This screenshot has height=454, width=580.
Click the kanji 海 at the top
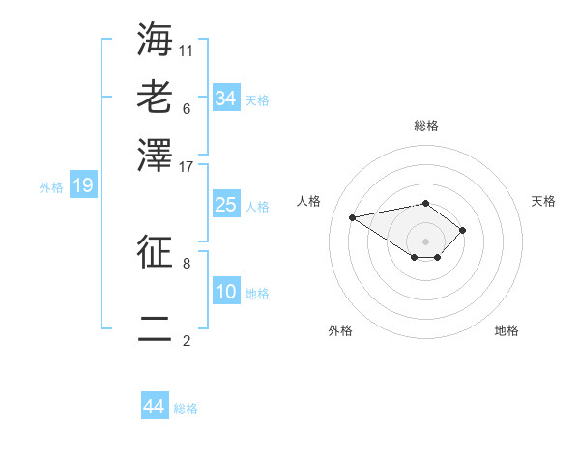click(155, 40)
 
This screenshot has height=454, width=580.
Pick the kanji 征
click(155, 252)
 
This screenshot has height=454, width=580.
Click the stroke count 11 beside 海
click(187, 49)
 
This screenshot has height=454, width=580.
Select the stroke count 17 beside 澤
click(187, 165)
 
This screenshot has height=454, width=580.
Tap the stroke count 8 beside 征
click(187, 262)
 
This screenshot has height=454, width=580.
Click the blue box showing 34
click(225, 98)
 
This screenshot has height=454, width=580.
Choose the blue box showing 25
click(225, 205)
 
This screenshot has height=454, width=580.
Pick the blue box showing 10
click(225, 292)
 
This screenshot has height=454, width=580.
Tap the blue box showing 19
click(83, 186)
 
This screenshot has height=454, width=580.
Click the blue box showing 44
click(155, 407)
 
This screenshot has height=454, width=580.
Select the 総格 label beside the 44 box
click(186, 409)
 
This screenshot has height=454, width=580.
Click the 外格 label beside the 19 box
click(51, 187)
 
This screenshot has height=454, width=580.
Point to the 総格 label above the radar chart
click(425, 126)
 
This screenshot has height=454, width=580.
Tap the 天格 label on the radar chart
click(544, 201)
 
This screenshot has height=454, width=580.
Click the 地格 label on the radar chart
click(507, 330)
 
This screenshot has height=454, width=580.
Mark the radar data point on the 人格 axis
click(353, 216)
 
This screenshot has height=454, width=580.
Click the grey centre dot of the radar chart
click(425, 241)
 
